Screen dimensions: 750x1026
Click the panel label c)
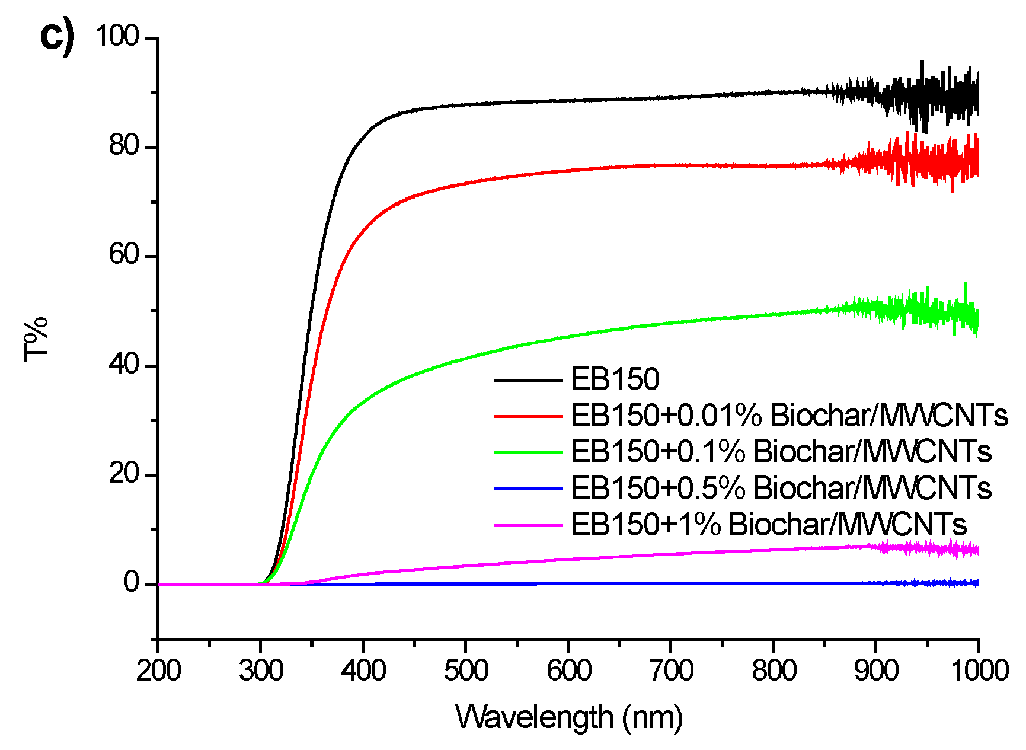[57, 37]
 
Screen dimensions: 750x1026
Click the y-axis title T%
[36, 339]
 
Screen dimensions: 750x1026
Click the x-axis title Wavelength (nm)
[569, 717]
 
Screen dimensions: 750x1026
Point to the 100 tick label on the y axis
[117, 36]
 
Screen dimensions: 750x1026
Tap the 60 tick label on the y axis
[124, 256]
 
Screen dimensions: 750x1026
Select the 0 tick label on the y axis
[131, 583]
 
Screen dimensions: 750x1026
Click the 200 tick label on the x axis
[158, 671]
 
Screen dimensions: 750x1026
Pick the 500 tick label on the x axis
[466, 671]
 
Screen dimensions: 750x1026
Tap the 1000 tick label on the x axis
[979, 671]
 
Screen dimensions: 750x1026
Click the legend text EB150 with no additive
[615, 379]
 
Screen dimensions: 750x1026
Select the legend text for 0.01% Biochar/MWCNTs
[789, 415]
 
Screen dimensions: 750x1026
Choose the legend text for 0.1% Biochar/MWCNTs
[781, 451]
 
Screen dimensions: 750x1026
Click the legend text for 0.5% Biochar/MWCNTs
[781, 488]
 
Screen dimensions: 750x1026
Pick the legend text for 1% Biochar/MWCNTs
[768, 524]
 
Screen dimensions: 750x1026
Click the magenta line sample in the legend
[528, 525]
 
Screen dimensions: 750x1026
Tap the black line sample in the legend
[528, 379]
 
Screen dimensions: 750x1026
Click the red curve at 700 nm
[671, 165]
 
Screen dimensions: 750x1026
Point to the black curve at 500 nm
[466, 104]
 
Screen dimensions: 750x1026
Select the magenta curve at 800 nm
[774, 550]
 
